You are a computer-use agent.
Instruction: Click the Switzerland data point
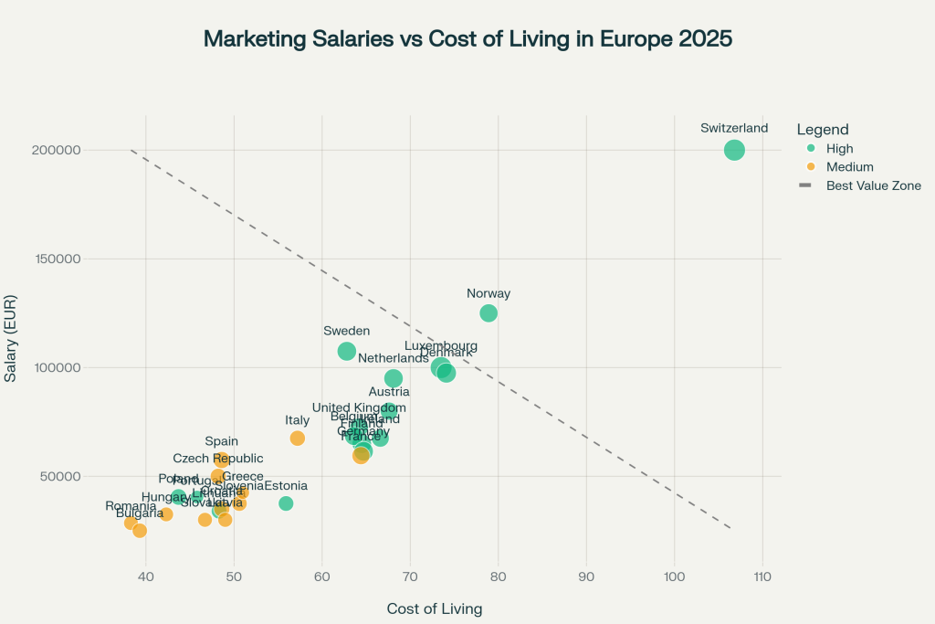735,150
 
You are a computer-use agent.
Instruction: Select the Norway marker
489,313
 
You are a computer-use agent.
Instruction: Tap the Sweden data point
347,351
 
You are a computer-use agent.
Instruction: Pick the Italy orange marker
298,439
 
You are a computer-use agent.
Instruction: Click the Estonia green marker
286,503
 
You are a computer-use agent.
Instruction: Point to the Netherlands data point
394,378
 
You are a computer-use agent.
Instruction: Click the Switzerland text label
734,129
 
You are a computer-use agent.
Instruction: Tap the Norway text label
489,294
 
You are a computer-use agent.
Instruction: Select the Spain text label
221,441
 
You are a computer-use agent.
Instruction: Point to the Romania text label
131,506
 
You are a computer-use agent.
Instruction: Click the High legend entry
839,149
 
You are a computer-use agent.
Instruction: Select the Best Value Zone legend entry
873,185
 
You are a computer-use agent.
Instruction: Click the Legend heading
822,130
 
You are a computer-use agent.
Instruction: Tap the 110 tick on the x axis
762,577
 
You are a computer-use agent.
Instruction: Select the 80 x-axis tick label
498,577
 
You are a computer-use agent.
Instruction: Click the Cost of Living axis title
434,608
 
